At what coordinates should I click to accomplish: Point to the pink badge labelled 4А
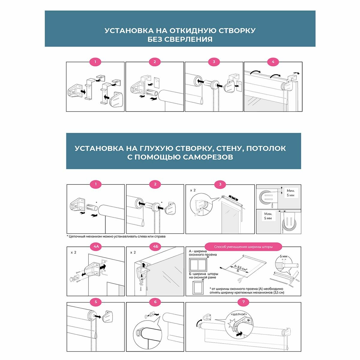pos(96,247)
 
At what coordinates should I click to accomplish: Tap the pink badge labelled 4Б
pos(155,247)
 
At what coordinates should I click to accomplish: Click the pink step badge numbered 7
pos(243,302)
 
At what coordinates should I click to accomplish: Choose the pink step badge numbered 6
pos(155,302)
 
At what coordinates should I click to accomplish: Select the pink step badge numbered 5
pos(96,302)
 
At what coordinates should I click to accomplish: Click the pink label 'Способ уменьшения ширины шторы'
pos(243,247)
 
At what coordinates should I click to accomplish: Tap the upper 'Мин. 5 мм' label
pos(290,193)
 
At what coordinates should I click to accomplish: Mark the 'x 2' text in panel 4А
pos(73,252)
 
